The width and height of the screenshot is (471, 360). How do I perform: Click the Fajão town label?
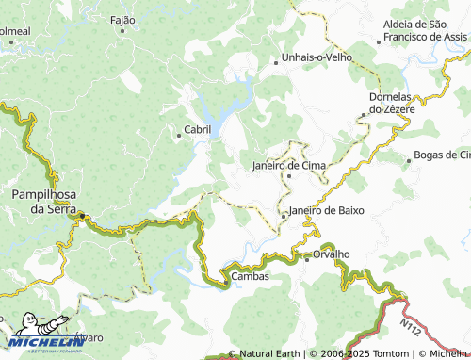pyautogui.click(x=123, y=20)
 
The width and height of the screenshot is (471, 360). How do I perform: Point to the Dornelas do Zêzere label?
pyautogui.click(x=387, y=103)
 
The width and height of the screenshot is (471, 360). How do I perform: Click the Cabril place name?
pyautogui.click(x=198, y=129)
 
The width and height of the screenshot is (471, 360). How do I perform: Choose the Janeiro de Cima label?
pyautogui.click(x=289, y=165)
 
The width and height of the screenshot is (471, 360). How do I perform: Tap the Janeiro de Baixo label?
pyautogui.click(x=327, y=210)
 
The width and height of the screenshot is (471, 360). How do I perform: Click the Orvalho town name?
pyautogui.click(x=331, y=254)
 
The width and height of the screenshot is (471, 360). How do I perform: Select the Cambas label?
pyautogui.click(x=251, y=276)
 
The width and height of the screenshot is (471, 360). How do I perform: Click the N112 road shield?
pyautogui.click(x=409, y=325)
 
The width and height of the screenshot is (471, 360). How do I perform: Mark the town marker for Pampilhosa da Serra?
pyautogui.click(x=82, y=218)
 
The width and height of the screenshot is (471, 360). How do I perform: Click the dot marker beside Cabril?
pyautogui.click(x=179, y=136)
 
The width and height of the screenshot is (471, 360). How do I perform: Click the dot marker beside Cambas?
pyautogui.click(x=226, y=277)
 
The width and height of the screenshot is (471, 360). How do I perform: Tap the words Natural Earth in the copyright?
pyautogui.click(x=268, y=353)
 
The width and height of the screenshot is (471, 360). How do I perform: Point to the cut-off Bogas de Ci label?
pyautogui.click(x=442, y=155)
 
